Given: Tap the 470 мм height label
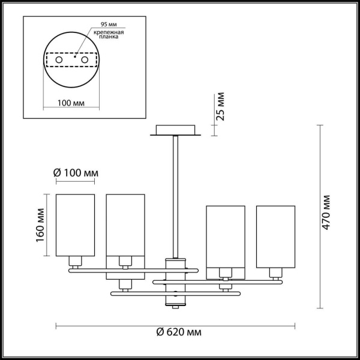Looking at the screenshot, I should point(326,212).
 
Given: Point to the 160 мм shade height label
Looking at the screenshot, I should point(39,225).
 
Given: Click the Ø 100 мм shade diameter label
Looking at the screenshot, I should point(76,173).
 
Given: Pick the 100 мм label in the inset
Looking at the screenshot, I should point(71,103).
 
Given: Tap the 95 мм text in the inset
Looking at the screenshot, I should point(100,26).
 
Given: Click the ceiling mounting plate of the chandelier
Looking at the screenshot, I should point(175,130).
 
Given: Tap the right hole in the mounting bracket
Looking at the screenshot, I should point(85,61).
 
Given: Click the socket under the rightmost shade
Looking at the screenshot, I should point(275,273).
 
